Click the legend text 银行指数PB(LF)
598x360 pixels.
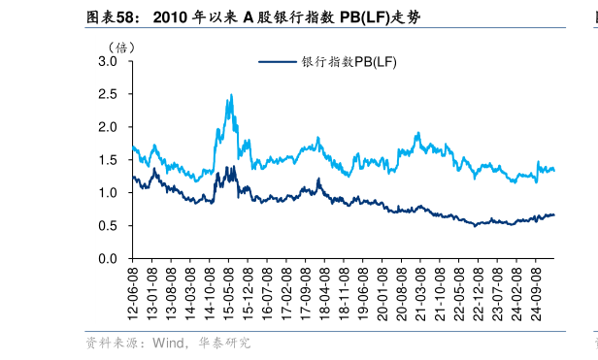[x=349, y=62]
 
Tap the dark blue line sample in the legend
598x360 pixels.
[x=278, y=62]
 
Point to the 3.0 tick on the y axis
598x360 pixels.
[x=108, y=61]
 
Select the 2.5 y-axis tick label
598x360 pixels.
[x=108, y=94]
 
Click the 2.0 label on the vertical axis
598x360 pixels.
[x=108, y=127]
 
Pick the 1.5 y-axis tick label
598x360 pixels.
[x=108, y=160]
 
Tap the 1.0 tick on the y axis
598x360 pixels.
[x=108, y=193]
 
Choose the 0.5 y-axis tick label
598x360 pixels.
[x=108, y=226]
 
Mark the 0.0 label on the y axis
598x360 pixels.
[x=108, y=259]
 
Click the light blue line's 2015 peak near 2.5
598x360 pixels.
[x=230, y=95]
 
